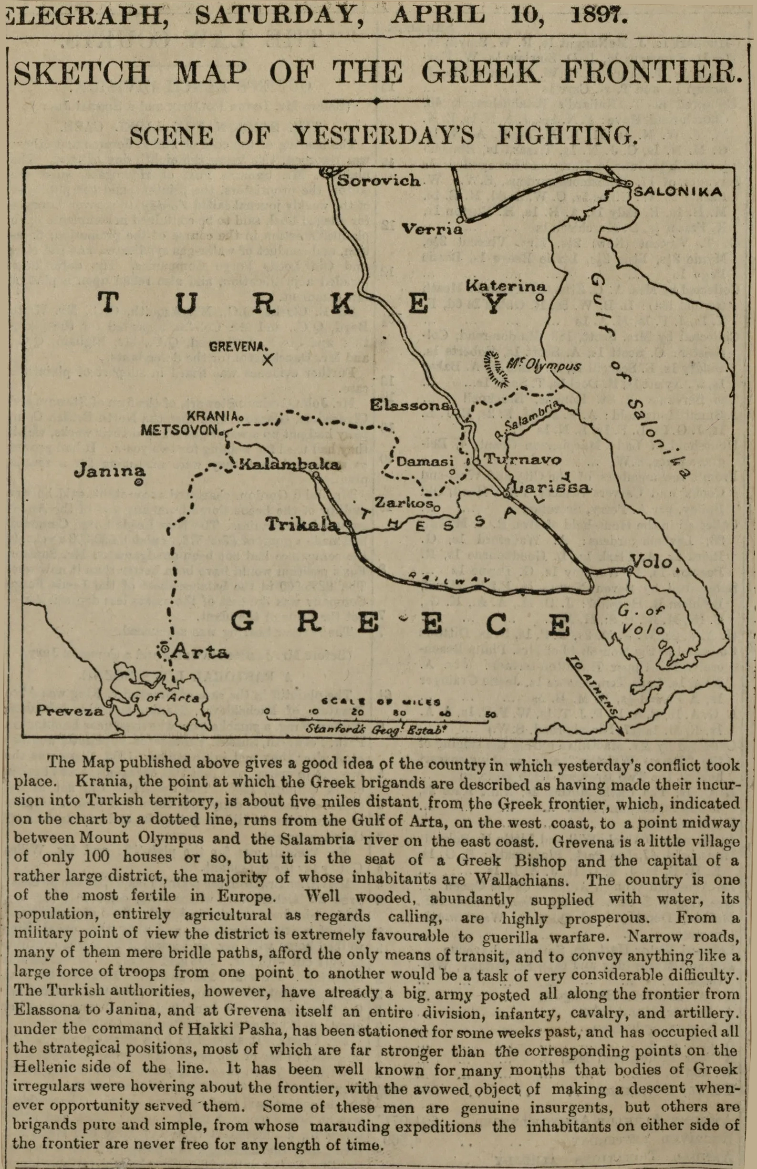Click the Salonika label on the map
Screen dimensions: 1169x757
pos(677,192)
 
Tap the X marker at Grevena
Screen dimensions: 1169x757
pos(268,361)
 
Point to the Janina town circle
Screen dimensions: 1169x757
pos(139,483)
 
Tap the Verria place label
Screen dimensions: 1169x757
pos(432,228)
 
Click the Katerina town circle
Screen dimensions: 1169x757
pos(539,297)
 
